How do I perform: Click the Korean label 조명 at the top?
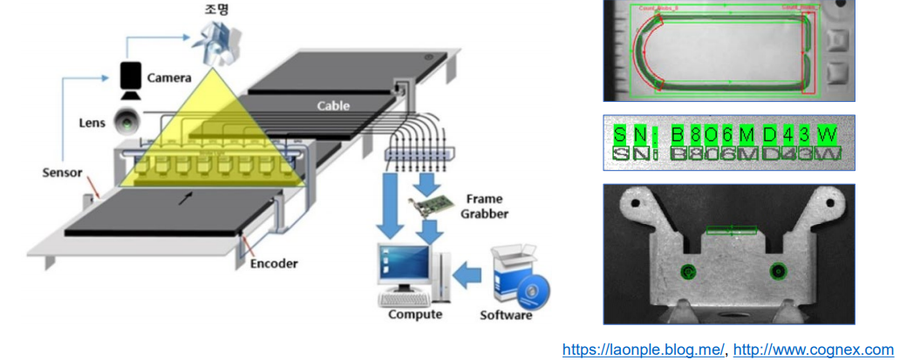pyautogui.click(x=213, y=10)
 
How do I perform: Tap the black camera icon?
pyautogui.click(x=131, y=78)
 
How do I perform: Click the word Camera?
pyautogui.click(x=168, y=78)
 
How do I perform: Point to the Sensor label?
pyautogui.click(x=64, y=172)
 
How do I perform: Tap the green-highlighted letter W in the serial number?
pyautogui.click(x=830, y=134)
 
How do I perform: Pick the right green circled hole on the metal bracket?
pyautogui.click(x=778, y=271)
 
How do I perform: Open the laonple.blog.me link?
pyautogui.click(x=643, y=350)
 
